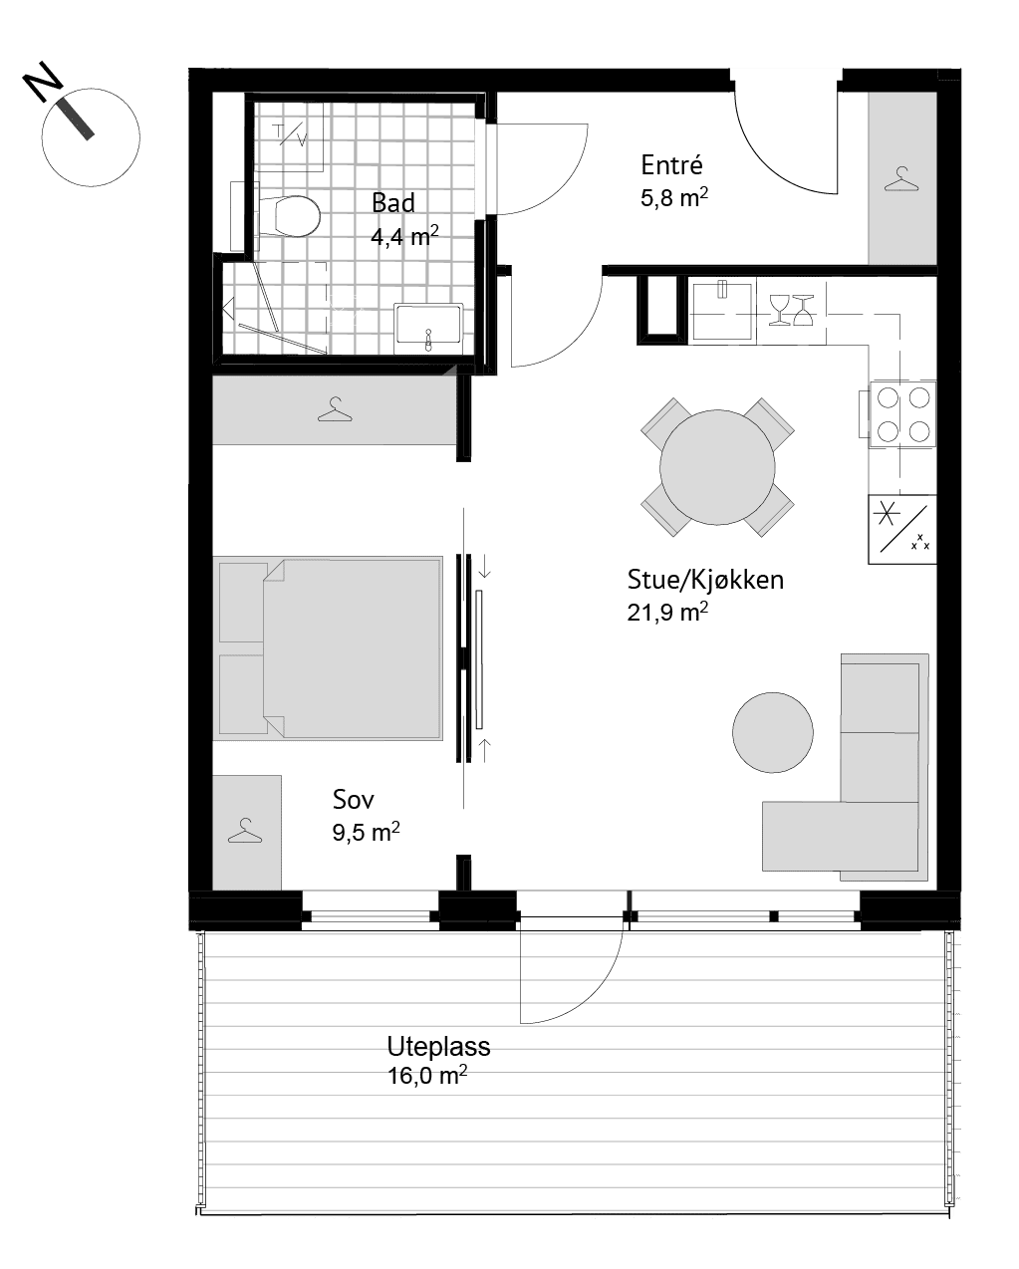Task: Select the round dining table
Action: click(x=717, y=467)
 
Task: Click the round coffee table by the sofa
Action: click(x=773, y=732)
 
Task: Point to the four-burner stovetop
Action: click(x=902, y=414)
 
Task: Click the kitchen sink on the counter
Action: click(x=722, y=311)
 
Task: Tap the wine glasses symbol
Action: click(x=791, y=310)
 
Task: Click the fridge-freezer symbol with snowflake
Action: click(x=902, y=529)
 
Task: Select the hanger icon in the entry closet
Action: click(x=901, y=179)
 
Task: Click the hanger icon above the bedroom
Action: click(x=335, y=409)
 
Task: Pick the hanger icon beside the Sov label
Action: click(x=244, y=831)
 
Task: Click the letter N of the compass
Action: click(x=43, y=82)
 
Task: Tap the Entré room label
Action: click(x=671, y=165)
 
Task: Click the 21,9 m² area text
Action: click(x=667, y=613)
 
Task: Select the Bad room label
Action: click(x=392, y=203)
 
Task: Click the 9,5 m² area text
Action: click(x=366, y=832)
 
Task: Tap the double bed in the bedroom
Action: click(x=328, y=648)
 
